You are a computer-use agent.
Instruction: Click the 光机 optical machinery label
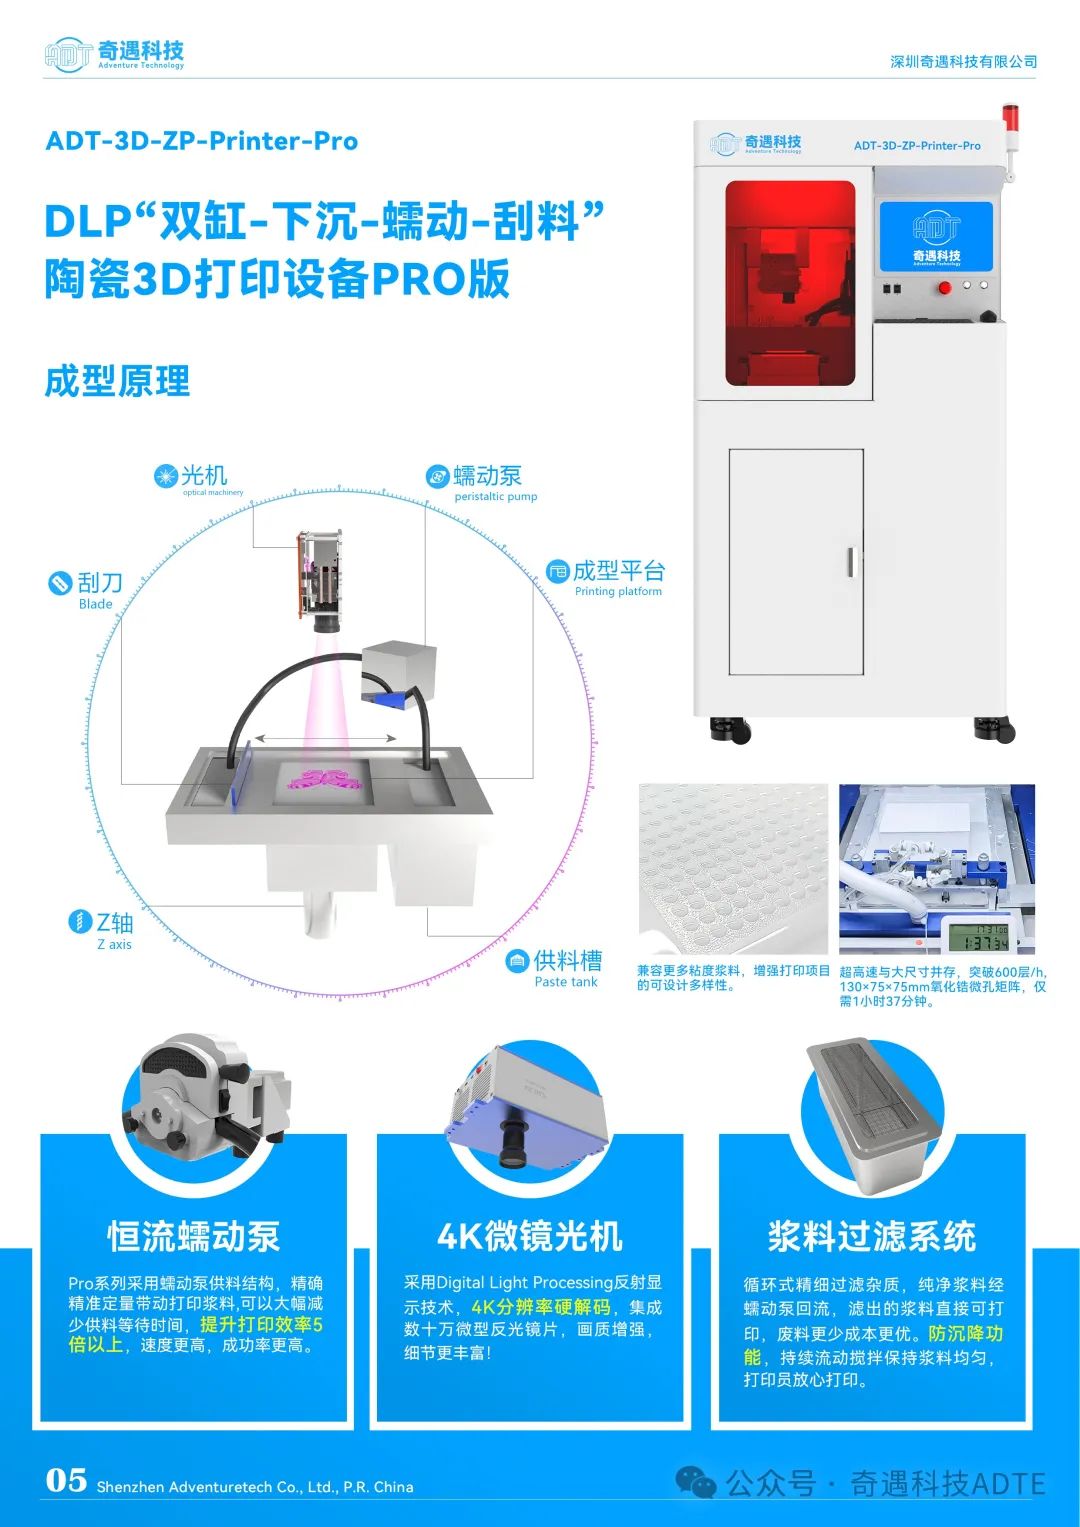coord(199,479)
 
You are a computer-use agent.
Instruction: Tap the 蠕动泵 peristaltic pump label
coord(481,482)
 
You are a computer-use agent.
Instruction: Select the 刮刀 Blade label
coord(86,589)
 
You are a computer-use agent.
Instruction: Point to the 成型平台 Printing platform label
coord(605,577)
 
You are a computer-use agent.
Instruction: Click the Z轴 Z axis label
coord(102,929)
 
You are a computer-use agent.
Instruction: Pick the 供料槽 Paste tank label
coord(554,968)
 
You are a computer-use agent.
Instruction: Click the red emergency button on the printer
coord(944,288)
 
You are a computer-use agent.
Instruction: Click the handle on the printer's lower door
coord(850,562)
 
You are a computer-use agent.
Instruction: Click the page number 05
coord(66,1480)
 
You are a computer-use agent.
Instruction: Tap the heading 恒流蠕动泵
coord(194,1236)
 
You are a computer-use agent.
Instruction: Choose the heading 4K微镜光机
coord(530,1236)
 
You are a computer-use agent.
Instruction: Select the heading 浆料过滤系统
coord(871,1236)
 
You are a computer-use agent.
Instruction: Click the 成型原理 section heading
coord(117,381)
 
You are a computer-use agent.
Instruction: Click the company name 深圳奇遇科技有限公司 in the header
coord(963,61)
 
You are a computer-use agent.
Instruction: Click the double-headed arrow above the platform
coord(325,738)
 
